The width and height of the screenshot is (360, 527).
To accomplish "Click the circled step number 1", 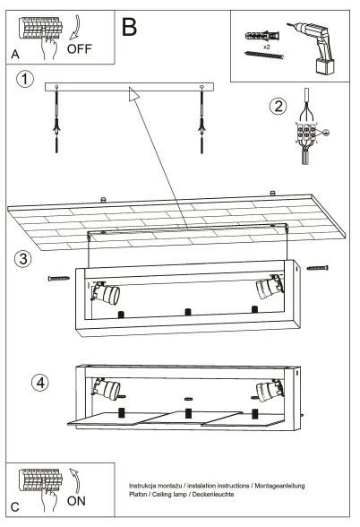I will (27, 80).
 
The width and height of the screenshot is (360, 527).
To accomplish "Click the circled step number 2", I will (279, 107).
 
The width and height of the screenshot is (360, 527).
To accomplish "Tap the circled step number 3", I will (25, 259).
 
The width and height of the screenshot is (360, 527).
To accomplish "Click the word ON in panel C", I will (78, 503).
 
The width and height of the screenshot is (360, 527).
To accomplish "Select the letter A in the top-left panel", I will (14, 55).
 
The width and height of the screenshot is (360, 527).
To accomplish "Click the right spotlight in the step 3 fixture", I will (266, 288).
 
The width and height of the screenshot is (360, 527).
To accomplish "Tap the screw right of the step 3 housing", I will (317, 267).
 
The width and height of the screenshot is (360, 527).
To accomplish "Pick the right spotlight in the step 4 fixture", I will (267, 390).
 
